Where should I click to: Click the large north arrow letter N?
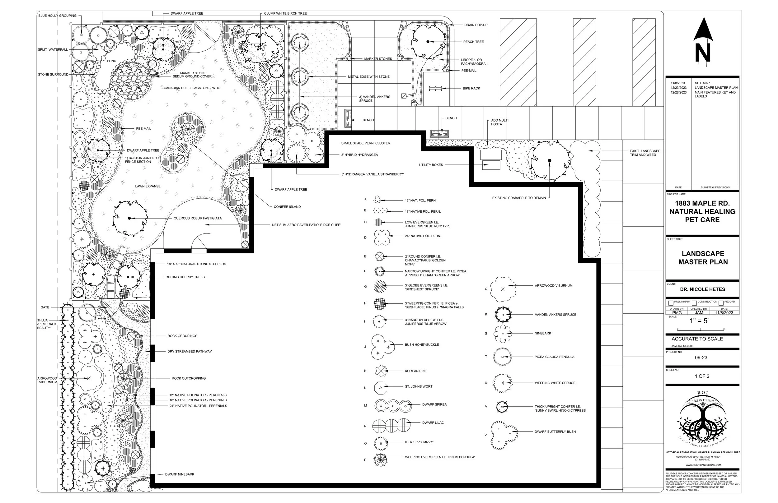tap(703, 53)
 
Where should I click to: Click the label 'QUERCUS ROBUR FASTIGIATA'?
tap(197, 218)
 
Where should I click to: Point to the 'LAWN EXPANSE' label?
tap(148, 186)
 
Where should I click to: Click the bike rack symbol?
tap(435, 88)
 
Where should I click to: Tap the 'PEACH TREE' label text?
tap(473, 42)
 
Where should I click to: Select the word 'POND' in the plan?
tap(111, 61)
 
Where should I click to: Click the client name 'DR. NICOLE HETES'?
tap(702, 289)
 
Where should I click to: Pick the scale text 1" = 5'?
tap(699, 321)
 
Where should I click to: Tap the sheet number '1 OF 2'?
tap(702, 376)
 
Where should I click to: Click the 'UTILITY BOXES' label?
tap(431, 165)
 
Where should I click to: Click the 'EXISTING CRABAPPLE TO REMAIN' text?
tap(519, 198)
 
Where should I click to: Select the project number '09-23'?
tap(701, 358)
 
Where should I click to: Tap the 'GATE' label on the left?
tap(45, 307)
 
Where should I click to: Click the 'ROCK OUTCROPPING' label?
tap(189, 378)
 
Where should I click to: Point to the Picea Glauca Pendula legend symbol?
tap(502, 357)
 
